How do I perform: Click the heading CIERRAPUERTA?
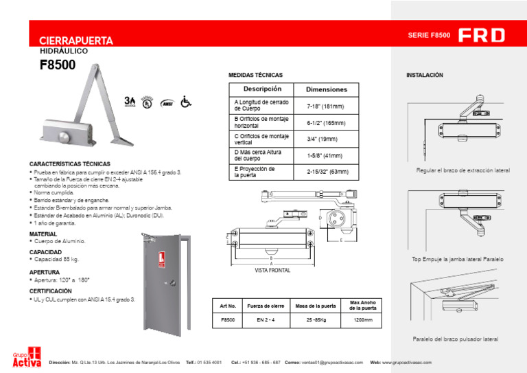pos(76,41)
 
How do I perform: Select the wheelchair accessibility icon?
pos(185,102)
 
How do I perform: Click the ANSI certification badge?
pos(166,103)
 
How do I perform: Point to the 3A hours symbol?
pos(130,102)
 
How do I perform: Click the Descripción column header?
pos(262,89)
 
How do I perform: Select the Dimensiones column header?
pos(326,89)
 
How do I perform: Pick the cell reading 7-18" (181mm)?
pos(325,106)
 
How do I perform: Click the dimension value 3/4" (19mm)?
pos(322,139)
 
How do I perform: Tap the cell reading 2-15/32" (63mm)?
pos(327,171)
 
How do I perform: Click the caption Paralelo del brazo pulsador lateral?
pos(455,339)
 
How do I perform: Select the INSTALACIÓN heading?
pos(425,74)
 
